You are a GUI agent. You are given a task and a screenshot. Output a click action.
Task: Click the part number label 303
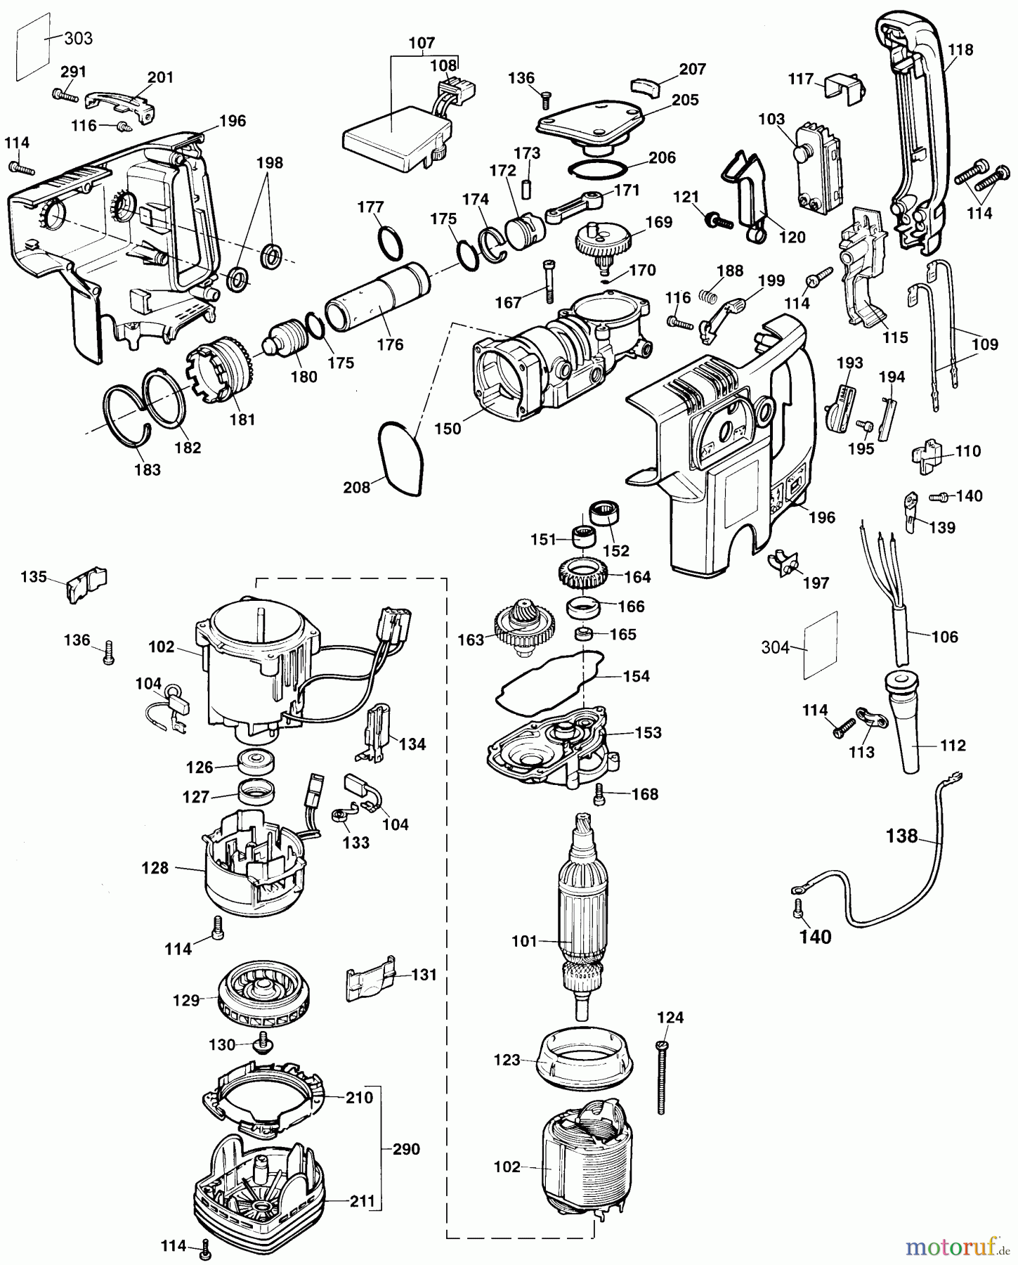pos(78,38)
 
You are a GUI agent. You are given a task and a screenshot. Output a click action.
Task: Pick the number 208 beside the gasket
pos(356,487)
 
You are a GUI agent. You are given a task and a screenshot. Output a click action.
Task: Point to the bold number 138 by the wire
pos(902,836)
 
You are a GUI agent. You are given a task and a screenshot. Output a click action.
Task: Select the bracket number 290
pos(407,1149)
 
